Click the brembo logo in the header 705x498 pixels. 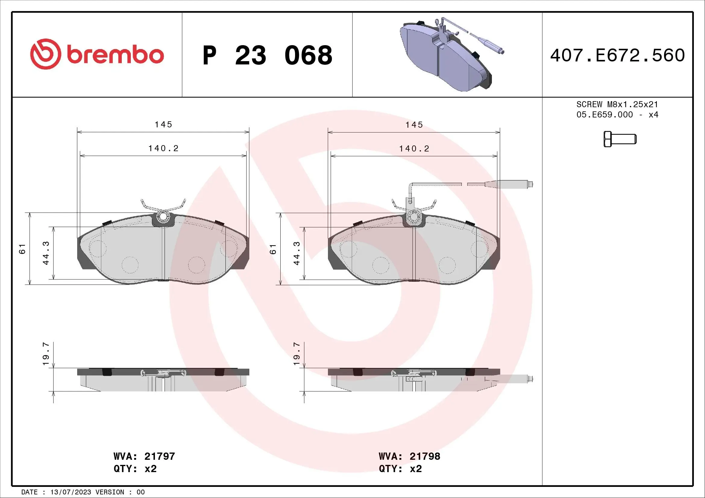[x=97, y=54]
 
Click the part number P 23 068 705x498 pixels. [x=267, y=55]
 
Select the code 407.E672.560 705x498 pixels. [x=617, y=55]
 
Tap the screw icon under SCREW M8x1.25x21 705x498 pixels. [x=620, y=139]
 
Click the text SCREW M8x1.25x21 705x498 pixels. [x=617, y=104]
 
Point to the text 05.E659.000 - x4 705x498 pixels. [x=617, y=115]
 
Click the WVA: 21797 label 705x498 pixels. [x=144, y=456]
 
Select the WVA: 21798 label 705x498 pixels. [x=409, y=456]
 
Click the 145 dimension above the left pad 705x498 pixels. [x=163, y=125]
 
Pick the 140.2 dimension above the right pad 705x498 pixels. [x=414, y=149]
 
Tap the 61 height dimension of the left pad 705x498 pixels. [x=22, y=249]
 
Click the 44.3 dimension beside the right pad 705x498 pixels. [x=297, y=253]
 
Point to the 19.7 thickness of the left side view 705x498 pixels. [x=46, y=354]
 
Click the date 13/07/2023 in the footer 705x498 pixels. [x=70, y=492]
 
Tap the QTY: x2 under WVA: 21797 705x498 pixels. [x=135, y=469]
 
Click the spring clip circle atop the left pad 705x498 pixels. [x=163, y=216]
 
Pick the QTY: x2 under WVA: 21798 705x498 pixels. [x=400, y=469]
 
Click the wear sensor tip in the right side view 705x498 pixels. [x=530, y=379]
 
